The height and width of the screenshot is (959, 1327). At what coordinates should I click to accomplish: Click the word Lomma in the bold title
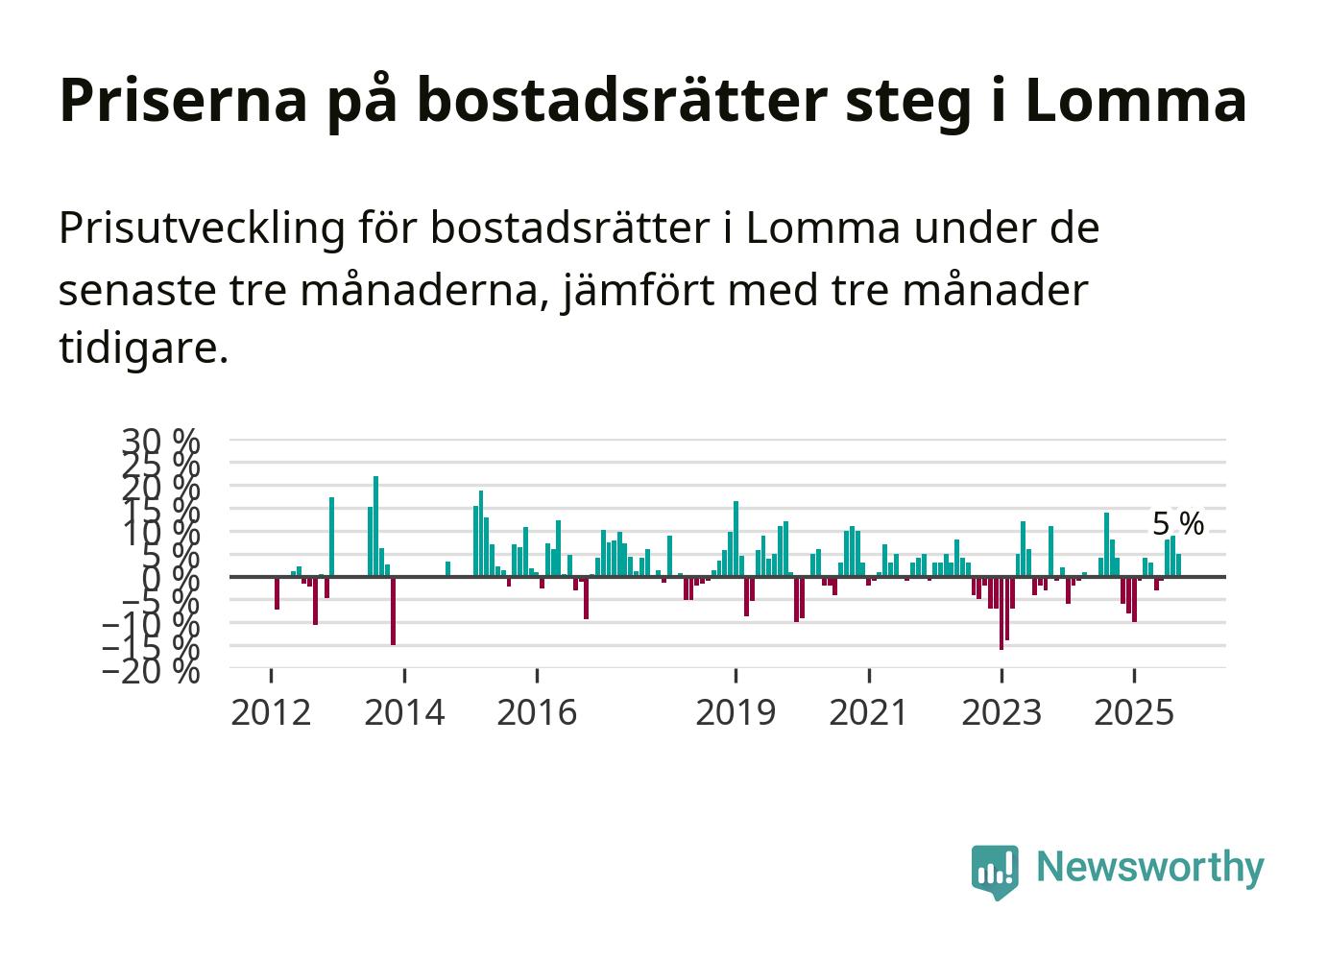click(1135, 100)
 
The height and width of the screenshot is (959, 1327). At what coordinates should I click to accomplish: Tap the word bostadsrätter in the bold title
click(623, 100)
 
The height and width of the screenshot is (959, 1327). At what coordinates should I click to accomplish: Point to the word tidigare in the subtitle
click(143, 348)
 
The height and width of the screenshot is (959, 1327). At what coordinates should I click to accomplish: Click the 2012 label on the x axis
click(271, 713)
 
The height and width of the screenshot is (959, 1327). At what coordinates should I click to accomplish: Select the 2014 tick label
click(404, 713)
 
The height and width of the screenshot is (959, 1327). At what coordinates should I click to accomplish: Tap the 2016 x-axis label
click(537, 713)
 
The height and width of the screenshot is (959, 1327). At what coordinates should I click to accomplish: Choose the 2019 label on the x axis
click(736, 713)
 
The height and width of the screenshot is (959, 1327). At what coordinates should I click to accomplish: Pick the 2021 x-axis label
click(868, 713)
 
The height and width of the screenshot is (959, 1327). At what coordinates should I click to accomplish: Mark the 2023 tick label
click(1001, 713)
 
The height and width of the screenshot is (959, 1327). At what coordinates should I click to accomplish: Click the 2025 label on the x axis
click(1134, 713)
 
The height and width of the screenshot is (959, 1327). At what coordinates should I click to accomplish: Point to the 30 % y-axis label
click(160, 441)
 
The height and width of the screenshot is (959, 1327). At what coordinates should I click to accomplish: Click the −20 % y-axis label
click(151, 670)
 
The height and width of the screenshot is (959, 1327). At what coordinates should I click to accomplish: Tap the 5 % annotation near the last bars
click(1177, 524)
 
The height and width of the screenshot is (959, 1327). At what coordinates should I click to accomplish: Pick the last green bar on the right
click(1178, 565)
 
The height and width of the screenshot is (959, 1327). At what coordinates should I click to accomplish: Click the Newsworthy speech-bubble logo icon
click(995, 871)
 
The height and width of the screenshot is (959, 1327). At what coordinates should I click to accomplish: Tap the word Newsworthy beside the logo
click(1149, 867)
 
